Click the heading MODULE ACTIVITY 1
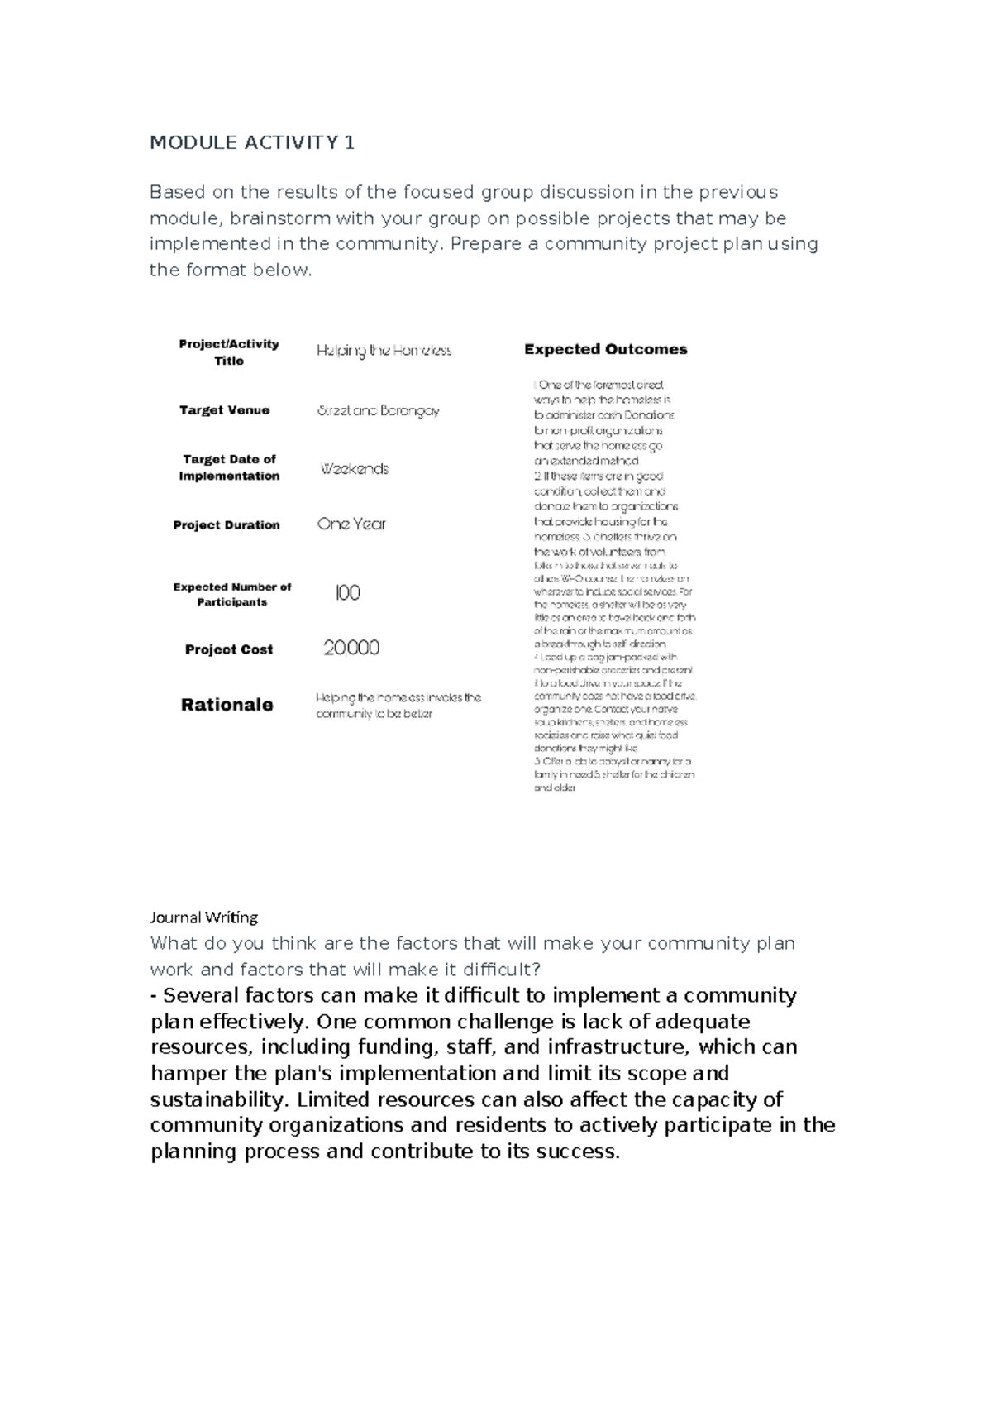[252, 143]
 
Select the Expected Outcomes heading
[605, 349]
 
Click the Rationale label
[227, 705]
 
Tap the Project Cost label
[229, 649]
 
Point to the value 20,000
[351, 648]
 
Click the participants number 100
[347, 593]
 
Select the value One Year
[351, 524]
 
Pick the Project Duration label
[227, 525]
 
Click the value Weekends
[354, 469]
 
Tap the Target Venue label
[225, 410]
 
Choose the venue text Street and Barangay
[378, 411]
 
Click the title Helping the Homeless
[384, 351]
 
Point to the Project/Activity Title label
[229, 352]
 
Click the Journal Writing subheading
[203, 917]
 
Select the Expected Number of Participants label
[231, 594]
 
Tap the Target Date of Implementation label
[229, 467]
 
